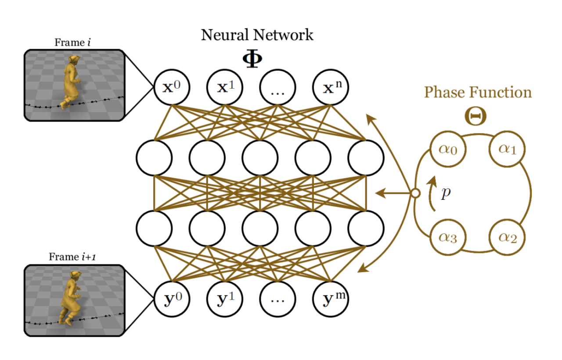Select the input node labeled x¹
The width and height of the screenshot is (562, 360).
tap(224, 87)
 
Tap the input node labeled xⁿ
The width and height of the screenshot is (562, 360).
tap(330, 87)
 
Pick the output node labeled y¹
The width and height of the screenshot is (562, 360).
tap(224, 299)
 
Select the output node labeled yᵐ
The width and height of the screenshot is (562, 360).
tap(330, 299)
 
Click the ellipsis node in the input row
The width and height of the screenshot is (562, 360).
tap(277, 87)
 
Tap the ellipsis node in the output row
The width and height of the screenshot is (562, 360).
tap(277, 299)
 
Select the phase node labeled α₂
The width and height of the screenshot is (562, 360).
tap(508, 238)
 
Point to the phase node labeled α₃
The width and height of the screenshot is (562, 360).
tap(448, 238)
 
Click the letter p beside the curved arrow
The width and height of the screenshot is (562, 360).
tap(446, 193)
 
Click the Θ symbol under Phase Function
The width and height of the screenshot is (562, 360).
tap(477, 115)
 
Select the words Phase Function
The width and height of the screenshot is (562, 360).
tap(477, 93)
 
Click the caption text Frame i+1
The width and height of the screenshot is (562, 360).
tap(72, 257)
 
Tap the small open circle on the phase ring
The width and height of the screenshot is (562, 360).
tap(414, 192)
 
